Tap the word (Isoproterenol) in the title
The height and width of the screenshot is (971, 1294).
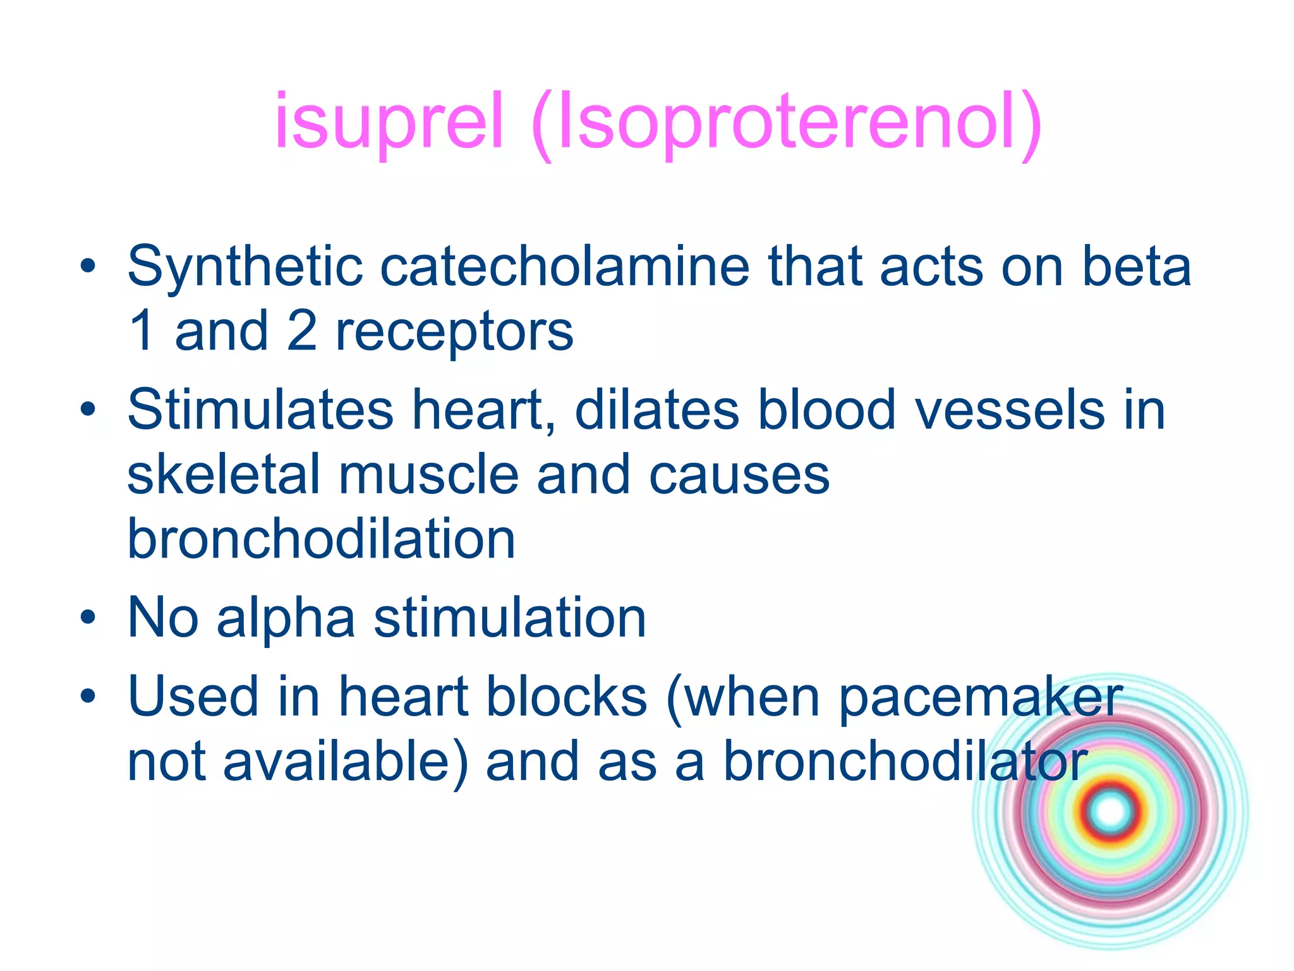pos(787,123)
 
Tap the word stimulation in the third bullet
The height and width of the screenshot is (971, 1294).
pos(509,618)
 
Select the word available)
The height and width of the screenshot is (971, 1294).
pos(346,762)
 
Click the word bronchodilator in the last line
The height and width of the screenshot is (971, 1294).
pos(904,762)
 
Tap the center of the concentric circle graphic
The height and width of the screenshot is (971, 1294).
pos(1110,812)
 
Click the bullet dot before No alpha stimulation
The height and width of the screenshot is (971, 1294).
pos(88,617)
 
